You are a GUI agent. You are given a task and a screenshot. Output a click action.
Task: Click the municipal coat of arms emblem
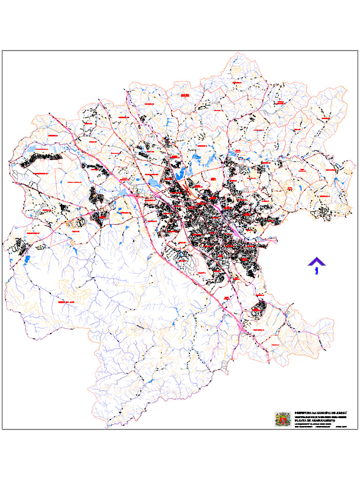(283, 419)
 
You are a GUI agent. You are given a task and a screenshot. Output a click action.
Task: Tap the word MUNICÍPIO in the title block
(325, 412)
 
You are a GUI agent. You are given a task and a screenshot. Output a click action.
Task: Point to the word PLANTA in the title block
(300, 421)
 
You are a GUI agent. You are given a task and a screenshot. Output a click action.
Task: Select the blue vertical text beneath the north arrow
(317, 270)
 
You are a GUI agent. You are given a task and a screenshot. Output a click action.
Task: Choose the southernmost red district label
(274, 345)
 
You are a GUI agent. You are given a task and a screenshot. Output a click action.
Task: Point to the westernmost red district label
(33, 233)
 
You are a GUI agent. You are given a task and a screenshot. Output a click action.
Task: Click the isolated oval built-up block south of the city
(257, 309)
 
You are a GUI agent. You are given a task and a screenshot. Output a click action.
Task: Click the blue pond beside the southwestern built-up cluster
(27, 258)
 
